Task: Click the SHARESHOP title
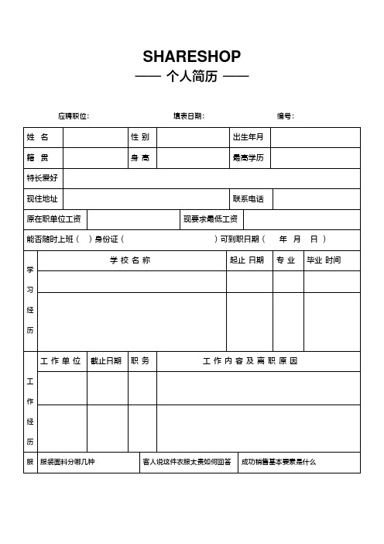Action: (x=192, y=57)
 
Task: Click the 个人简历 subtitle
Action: (x=192, y=77)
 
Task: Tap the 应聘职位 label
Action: (x=74, y=116)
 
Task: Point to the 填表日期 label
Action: (x=189, y=116)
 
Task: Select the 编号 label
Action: (x=285, y=116)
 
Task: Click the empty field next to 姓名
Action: (x=95, y=137)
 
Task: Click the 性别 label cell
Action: (x=140, y=137)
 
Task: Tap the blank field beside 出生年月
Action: (x=314, y=137)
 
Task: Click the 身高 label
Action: (x=140, y=158)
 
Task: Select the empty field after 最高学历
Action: (x=314, y=158)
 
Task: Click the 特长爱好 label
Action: (x=42, y=178)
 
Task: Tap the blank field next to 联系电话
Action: (x=317, y=199)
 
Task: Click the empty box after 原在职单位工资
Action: (x=132, y=219)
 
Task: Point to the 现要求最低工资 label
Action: (x=210, y=219)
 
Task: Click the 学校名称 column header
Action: (x=130, y=260)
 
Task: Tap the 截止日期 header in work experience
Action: (x=106, y=361)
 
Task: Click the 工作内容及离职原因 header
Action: (x=250, y=361)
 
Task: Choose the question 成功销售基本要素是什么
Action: (x=279, y=462)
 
